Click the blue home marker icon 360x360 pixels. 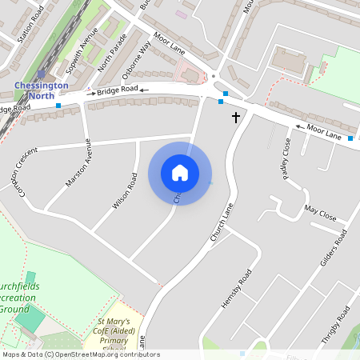click(x=180, y=173)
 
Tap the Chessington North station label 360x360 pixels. click(x=42, y=90)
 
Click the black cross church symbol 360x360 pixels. click(x=236, y=118)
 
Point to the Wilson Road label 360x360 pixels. click(x=121, y=191)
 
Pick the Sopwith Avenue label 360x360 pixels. click(x=82, y=49)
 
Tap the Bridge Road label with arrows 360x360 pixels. click(x=118, y=91)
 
